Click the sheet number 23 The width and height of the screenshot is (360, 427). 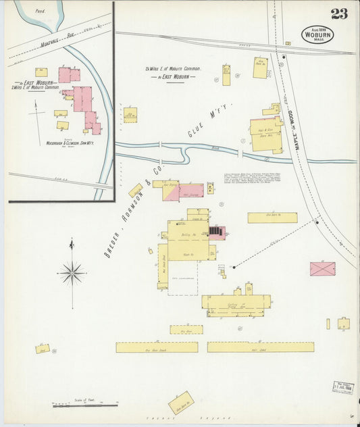tap(339, 14)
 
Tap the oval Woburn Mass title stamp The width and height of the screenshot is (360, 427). tap(317, 34)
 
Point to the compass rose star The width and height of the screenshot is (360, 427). tap(72, 273)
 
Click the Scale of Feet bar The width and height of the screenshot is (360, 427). tap(85, 405)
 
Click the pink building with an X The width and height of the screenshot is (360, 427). tap(322, 268)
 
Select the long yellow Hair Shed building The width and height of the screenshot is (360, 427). tap(260, 347)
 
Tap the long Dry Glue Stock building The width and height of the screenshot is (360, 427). tap(157, 347)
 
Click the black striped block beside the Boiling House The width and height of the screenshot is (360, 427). tap(215, 231)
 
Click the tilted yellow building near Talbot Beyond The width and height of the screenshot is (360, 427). tap(181, 403)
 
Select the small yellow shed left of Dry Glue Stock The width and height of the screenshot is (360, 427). tap(43, 349)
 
